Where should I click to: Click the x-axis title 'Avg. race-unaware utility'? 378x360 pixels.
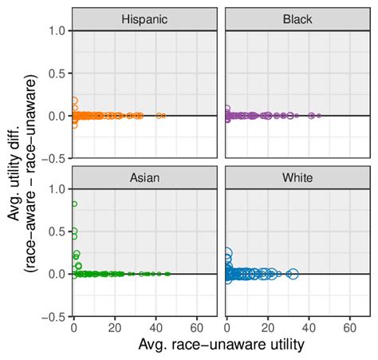[x=220, y=344]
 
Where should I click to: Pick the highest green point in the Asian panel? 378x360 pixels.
[x=74, y=204]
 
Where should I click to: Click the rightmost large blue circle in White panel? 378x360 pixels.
[x=293, y=274]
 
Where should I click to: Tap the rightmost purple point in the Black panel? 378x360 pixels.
[x=319, y=116]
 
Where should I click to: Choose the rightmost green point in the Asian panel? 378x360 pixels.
[x=167, y=274]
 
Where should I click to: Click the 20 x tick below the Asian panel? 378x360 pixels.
[x=116, y=326]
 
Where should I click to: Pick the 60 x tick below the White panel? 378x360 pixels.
[x=350, y=326]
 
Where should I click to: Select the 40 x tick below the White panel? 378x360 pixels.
[x=309, y=326]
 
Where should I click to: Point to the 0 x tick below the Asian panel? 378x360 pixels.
[x=74, y=326]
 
